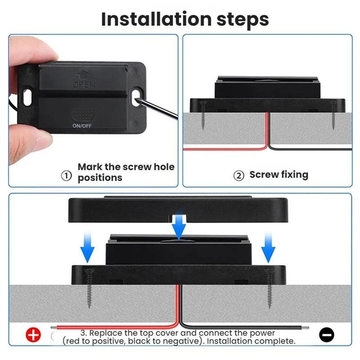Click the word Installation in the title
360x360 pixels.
(156, 19)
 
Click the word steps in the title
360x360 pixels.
(243, 20)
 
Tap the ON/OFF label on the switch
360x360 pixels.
(82, 126)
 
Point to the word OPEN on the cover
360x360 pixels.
(83, 85)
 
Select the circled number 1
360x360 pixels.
(66, 176)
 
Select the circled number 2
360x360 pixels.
(239, 176)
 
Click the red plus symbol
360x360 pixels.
(33, 335)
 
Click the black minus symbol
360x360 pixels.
(327, 334)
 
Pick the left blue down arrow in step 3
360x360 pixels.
(87, 247)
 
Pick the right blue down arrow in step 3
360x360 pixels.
(268, 247)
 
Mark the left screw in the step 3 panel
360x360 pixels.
(89, 288)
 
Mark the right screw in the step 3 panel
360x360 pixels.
(270, 288)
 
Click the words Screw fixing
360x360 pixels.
(279, 175)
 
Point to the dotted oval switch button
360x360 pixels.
(82, 115)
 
